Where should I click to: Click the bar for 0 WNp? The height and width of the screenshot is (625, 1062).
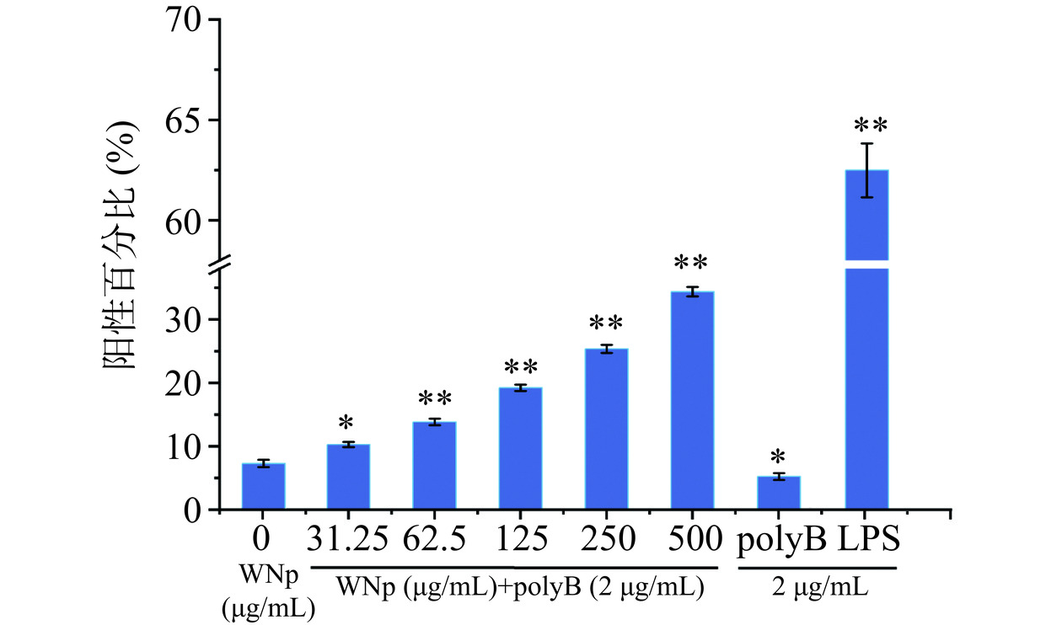point(263,487)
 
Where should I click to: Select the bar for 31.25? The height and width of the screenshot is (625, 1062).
point(348,477)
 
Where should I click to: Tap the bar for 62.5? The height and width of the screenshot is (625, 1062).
point(434,466)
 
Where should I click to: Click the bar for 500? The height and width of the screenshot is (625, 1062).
point(692,401)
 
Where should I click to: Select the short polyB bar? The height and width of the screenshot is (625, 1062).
point(778,493)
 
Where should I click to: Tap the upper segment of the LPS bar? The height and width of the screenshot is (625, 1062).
point(866,215)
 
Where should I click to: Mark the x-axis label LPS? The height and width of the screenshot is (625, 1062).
point(868,537)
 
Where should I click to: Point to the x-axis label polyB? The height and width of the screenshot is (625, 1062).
point(780,537)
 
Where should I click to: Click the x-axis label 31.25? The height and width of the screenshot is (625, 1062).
point(347,537)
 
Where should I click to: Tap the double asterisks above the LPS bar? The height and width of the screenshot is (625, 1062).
point(871,126)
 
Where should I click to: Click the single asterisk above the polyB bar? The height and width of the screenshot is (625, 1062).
point(778,457)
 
